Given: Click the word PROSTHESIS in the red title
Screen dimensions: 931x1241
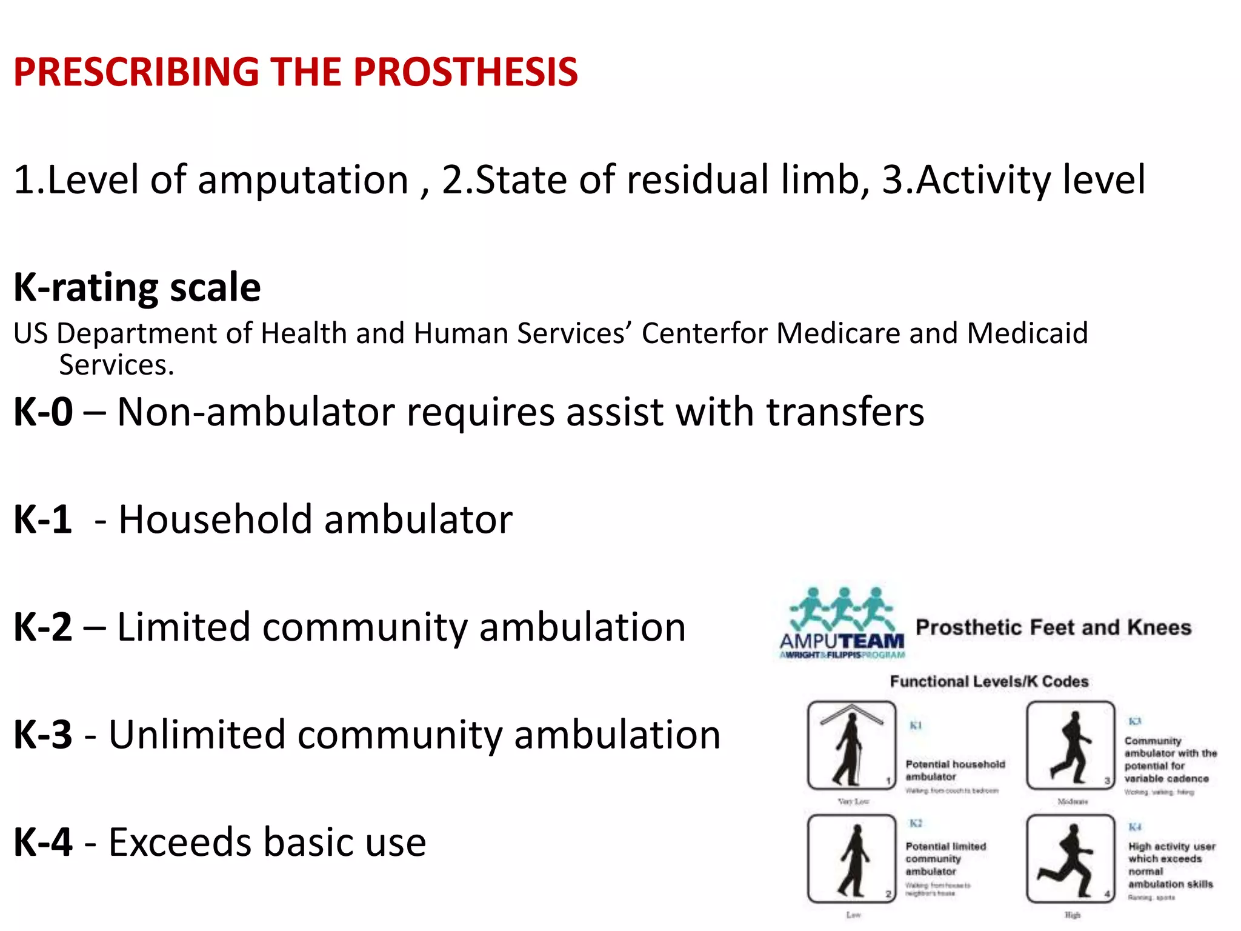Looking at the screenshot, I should coord(465,72).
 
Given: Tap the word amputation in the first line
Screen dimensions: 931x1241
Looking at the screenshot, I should coord(303,180).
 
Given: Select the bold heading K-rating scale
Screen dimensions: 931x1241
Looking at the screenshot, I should coord(137,287).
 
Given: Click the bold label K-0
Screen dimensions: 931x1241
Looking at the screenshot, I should coord(43,412).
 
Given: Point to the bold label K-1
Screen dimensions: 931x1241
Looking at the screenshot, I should coord(42,519).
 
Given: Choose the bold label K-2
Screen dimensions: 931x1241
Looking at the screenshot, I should coord(42,627).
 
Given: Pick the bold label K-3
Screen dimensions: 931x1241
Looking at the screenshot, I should coord(42,735).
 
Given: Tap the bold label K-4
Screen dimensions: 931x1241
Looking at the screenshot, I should coord(42,843).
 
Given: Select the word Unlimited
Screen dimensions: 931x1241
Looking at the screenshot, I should coord(197,735).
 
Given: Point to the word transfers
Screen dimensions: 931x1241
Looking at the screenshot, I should coord(845,412).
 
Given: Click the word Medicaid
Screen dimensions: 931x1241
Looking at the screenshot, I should coord(1028,333).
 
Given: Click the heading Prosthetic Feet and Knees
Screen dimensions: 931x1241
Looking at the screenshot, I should coord(1053,627).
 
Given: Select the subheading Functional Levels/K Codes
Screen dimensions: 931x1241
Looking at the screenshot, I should coord(989,681).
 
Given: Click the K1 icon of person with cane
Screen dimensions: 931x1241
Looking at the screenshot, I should coord(851,746).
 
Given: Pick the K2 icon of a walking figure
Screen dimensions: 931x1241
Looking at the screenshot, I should coord(851,859).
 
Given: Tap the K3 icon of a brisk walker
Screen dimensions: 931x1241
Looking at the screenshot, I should coord(1071,746).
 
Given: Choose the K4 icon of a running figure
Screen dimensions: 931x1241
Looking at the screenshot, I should coord(1071,859).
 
